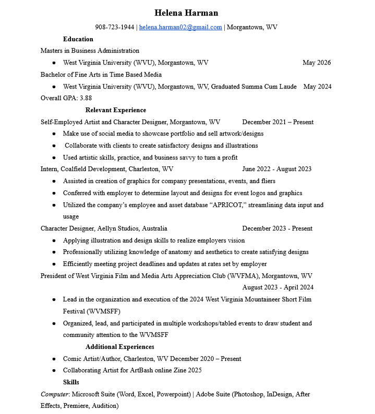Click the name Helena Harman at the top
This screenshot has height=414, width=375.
pyautogui.click(x=186, y=13)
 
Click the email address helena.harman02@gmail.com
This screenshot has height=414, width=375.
pyautogui.click(x=180, y=27)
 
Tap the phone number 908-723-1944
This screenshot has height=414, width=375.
pyautogui.click(x=114, y=27)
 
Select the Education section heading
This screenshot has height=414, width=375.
pyautogui.click(x=78, y=39)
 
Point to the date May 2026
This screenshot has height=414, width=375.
pyautogui.click(x=317, y=63)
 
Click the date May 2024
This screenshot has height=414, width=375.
pyautogui.click(x=317, y=87)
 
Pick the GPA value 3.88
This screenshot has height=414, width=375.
pyautogui.click(x=86, y=98)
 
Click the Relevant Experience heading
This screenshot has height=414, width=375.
pyautogui.click(x=115, y=110)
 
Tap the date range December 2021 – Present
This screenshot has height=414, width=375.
pyautogui.click(x=277, y=122)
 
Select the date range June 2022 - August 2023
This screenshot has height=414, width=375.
pyautogui.click(x=276, y=169)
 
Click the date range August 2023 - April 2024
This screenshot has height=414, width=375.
pyautogui.click(x=277, y=287)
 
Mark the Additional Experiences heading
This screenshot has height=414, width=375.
pyautogui.click(x=119, y=347)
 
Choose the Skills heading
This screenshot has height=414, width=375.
pyautogui.click(x=71, y=382)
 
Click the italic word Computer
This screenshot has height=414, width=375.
pyautogui.click(x=55, y=394)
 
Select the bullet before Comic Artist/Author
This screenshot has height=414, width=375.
pyautogui.click(x=54, y=359)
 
